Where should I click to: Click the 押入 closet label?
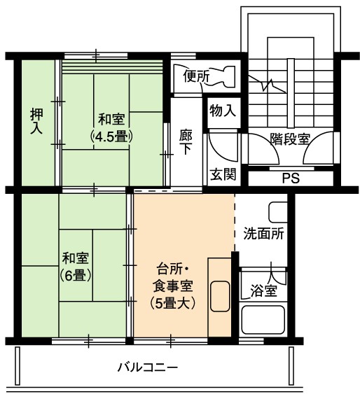pyautogui.click(x=36, y=121)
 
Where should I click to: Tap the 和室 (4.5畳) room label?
pyautogui.click(x=111, y=128)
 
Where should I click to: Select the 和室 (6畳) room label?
pyautogui.click(x=76, y=267)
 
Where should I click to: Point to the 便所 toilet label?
pyautogui.click(x=196, y=76)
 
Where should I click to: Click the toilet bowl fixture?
pyautogui.click(x=223, y=76)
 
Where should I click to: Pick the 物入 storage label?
pyautogui.click(x=223, y=111)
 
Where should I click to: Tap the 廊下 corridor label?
pyautogui.click(x=186, y=142)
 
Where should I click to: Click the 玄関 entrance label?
pyautogui.click(x=223, y=174)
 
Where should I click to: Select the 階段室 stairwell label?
pyautogui.click(x=290, y=139)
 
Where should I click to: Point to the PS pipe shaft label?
pyautogui.click(x=291, y=178)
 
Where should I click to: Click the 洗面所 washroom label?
pyautogui.click(x=264, y=234)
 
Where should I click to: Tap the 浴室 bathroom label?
pyautogui.click(x=264, y=291)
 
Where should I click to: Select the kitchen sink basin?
pyautogui.click(x=220, y=297)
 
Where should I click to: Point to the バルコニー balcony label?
pyautogui.click(x=148, y=368)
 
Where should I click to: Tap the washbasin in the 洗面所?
pyautogui.click(x=278, y=212)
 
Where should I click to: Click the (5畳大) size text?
pyautogui.click(x=173, y=304)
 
